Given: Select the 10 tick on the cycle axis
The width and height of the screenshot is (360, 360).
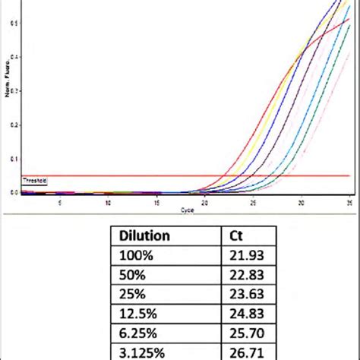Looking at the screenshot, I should point(109,202).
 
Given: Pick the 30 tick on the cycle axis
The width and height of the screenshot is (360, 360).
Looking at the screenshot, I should point(302,202).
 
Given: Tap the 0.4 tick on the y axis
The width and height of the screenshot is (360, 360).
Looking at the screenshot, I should point(14,57).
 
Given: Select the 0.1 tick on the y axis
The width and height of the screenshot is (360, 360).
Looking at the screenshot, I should point(14,159).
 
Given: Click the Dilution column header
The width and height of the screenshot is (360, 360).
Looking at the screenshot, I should point(143,237).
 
